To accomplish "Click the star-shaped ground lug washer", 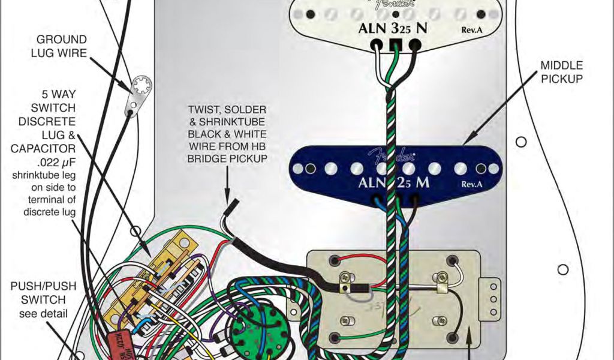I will (143, 85).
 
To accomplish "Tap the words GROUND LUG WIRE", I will (62, 47).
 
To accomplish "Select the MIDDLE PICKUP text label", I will (561, 71).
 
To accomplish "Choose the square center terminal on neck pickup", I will (395, 44).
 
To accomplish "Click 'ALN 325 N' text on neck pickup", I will (393, 28).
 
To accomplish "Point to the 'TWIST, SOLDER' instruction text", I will (227, 111).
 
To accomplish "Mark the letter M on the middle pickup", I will (422, 183).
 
